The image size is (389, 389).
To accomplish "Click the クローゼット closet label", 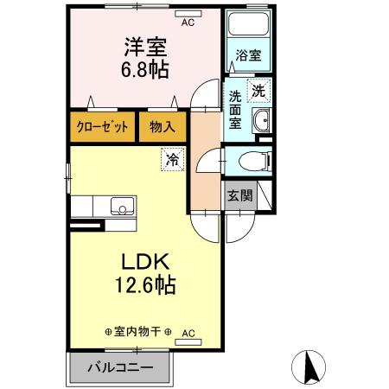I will pyautogui.click(x=102, y=126).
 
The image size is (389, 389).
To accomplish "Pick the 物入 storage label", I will pyautogui.click(x=162, y=126).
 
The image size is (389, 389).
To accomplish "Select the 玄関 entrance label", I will pyautogui.click(x=239, y=195).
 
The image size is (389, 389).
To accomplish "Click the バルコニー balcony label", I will pyautogui.click(x=121, y=367).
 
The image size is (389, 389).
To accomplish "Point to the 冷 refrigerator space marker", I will pyautogui.click(x=172, y=159).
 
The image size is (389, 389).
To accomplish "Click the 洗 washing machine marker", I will pyautogui.click(x=258, y=88).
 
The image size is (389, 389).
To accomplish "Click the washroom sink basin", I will pyautogui.click(x=262, y=120).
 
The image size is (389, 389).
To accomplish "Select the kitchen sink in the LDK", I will pyautogui.click(x=122, y=207).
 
